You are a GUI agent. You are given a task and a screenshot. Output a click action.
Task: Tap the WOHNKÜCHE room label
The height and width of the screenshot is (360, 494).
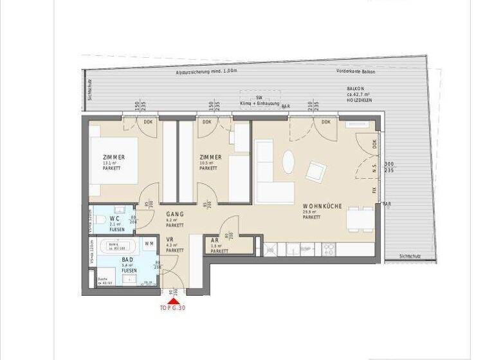click(322, 207)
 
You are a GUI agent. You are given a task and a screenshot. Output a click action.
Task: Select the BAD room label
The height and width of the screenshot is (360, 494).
click(128, 260)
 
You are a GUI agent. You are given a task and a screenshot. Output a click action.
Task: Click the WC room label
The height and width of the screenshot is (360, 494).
click(114, 218)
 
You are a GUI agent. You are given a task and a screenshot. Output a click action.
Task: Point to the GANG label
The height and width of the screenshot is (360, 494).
click(175, 214)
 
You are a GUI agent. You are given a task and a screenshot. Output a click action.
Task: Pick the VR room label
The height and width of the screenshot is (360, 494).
click(170, 239)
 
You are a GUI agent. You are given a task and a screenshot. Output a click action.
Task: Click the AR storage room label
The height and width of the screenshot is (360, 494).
click(215, 240)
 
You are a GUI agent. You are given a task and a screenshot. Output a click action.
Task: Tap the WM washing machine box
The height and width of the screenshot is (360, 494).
click(149, 244)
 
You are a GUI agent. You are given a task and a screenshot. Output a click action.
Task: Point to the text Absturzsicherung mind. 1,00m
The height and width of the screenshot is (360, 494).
click(207, 72)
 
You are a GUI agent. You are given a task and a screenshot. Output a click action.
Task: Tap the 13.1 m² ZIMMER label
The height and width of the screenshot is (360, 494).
click(113, 158)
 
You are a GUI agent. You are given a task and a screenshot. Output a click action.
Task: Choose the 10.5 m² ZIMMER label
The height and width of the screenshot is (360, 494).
click(210, 158)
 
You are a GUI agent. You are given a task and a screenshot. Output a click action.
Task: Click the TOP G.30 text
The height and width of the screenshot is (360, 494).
click(173, 307)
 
